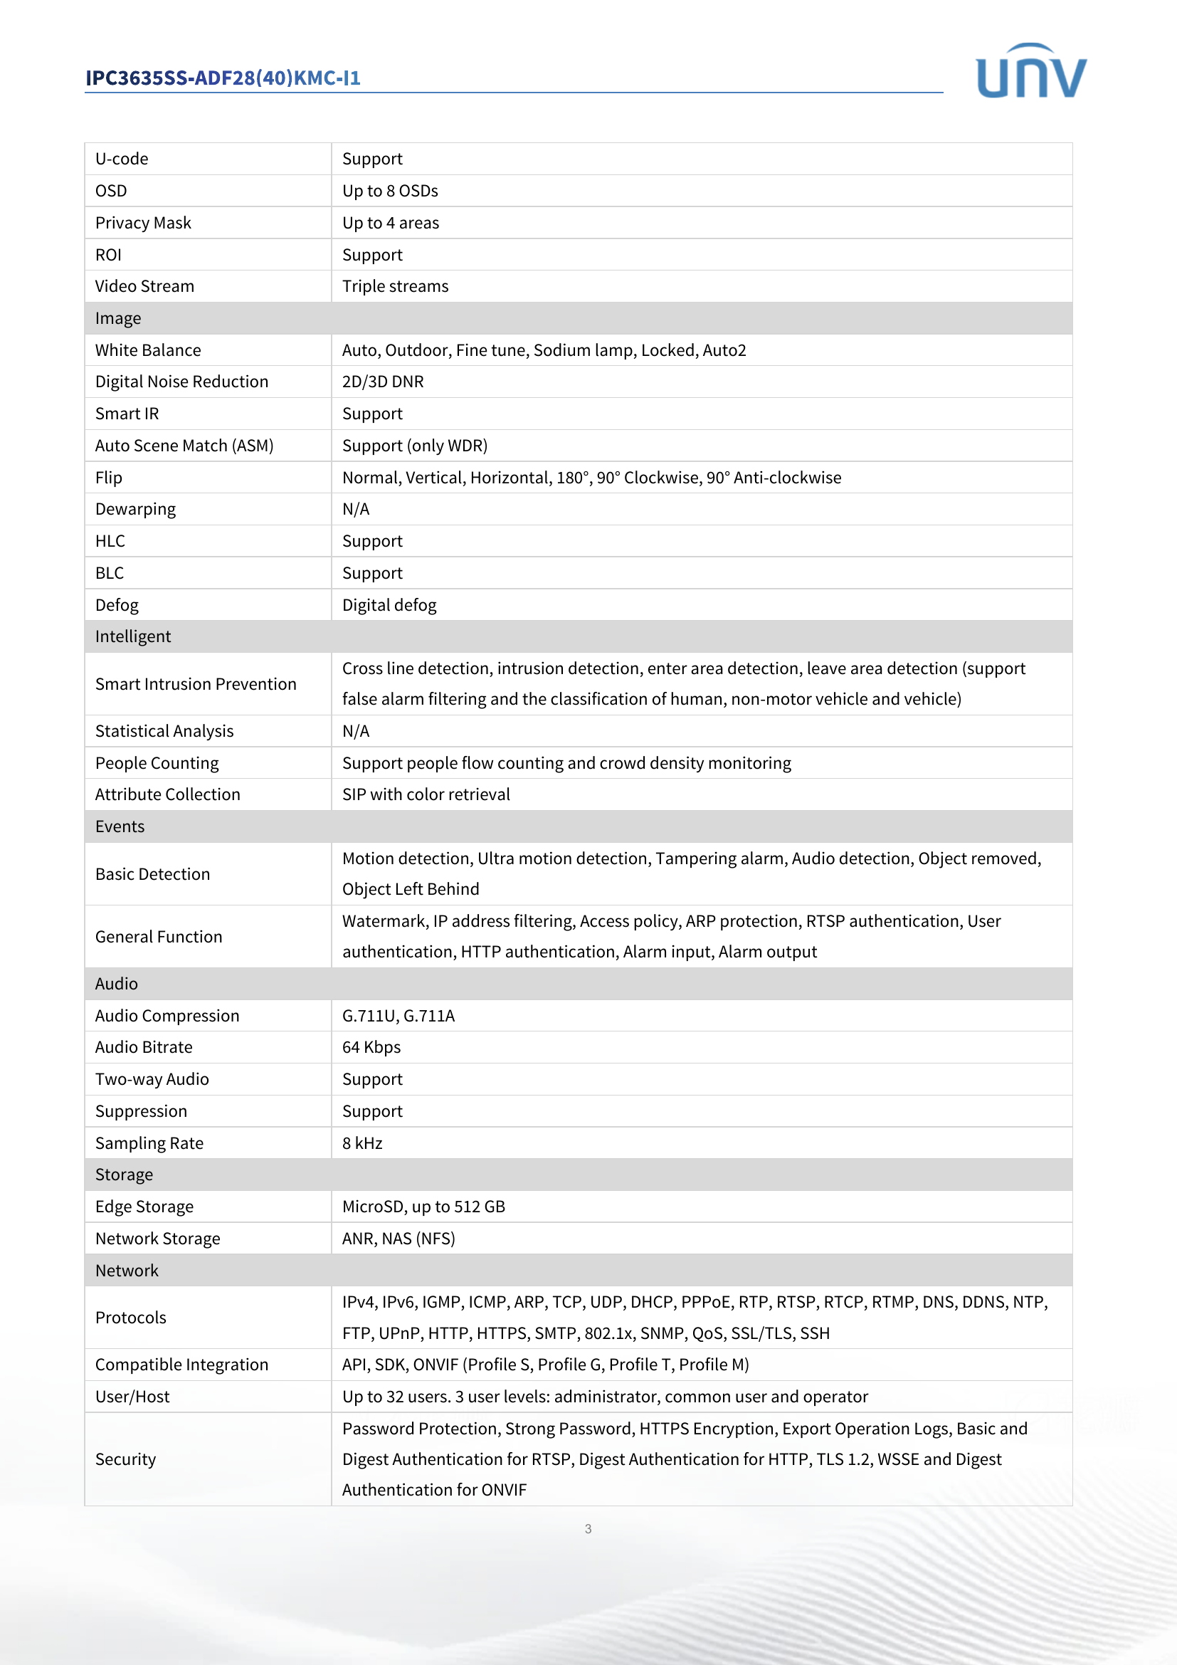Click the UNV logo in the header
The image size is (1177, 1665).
(x=1030, y=71)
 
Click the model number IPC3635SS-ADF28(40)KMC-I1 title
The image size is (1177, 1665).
(x=223, y=78)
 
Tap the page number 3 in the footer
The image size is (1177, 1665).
(x=588, y=1528)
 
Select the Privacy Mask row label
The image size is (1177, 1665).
(x=143, y=223)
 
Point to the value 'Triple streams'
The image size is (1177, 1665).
(x=395, y=286)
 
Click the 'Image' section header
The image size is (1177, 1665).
(x=118, y=318)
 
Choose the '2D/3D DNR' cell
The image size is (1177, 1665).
(x=383, y=382)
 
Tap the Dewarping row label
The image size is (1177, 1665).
(x=135, y=509)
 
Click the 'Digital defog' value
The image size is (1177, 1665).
(x=389, y=605)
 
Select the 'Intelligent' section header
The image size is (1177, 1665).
(x=133, y=636)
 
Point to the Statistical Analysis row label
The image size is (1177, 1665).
(x=164, y=731)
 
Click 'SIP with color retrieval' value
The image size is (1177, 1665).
(x=426, y=795)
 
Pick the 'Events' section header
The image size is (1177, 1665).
(x=120, y=826)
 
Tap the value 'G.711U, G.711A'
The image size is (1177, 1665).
(x=399, y=1016)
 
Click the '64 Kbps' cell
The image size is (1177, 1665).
(x=371, y=1047)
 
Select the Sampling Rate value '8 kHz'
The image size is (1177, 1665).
(x=362, y=1144)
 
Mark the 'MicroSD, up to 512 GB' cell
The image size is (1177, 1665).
(x=423, y=1207)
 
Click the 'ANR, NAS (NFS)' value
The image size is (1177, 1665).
(x=399, y=1239)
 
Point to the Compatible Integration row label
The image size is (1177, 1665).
(x=182, y=1365)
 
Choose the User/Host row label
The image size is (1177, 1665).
(x=132, y=1397)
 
